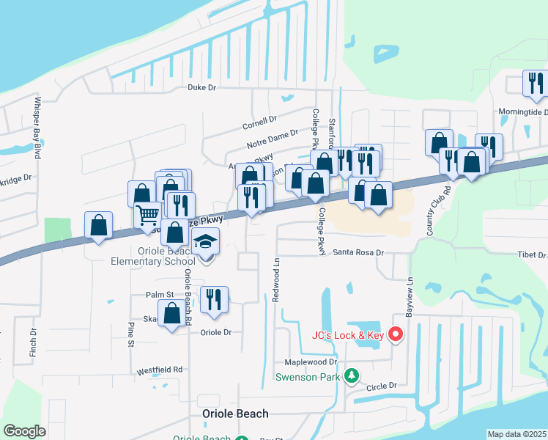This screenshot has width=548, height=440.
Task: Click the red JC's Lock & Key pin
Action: (x=396, y=334)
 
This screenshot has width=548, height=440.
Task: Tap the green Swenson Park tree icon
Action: (x=352, y=375)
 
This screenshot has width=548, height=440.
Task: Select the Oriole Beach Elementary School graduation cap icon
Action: (x=206, y=241)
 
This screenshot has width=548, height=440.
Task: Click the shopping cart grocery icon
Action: (x=148, y=214)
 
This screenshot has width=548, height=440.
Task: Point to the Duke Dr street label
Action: (x=202, y=87)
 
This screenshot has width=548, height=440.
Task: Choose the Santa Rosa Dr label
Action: (x=359, y=252)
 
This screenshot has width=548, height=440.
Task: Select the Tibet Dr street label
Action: (x=532, y=255)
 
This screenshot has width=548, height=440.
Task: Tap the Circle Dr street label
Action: (x=381, y=385)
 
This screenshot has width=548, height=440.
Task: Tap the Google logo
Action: (x=25, y=431)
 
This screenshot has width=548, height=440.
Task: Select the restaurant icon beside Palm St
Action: (x=214, y=299)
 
